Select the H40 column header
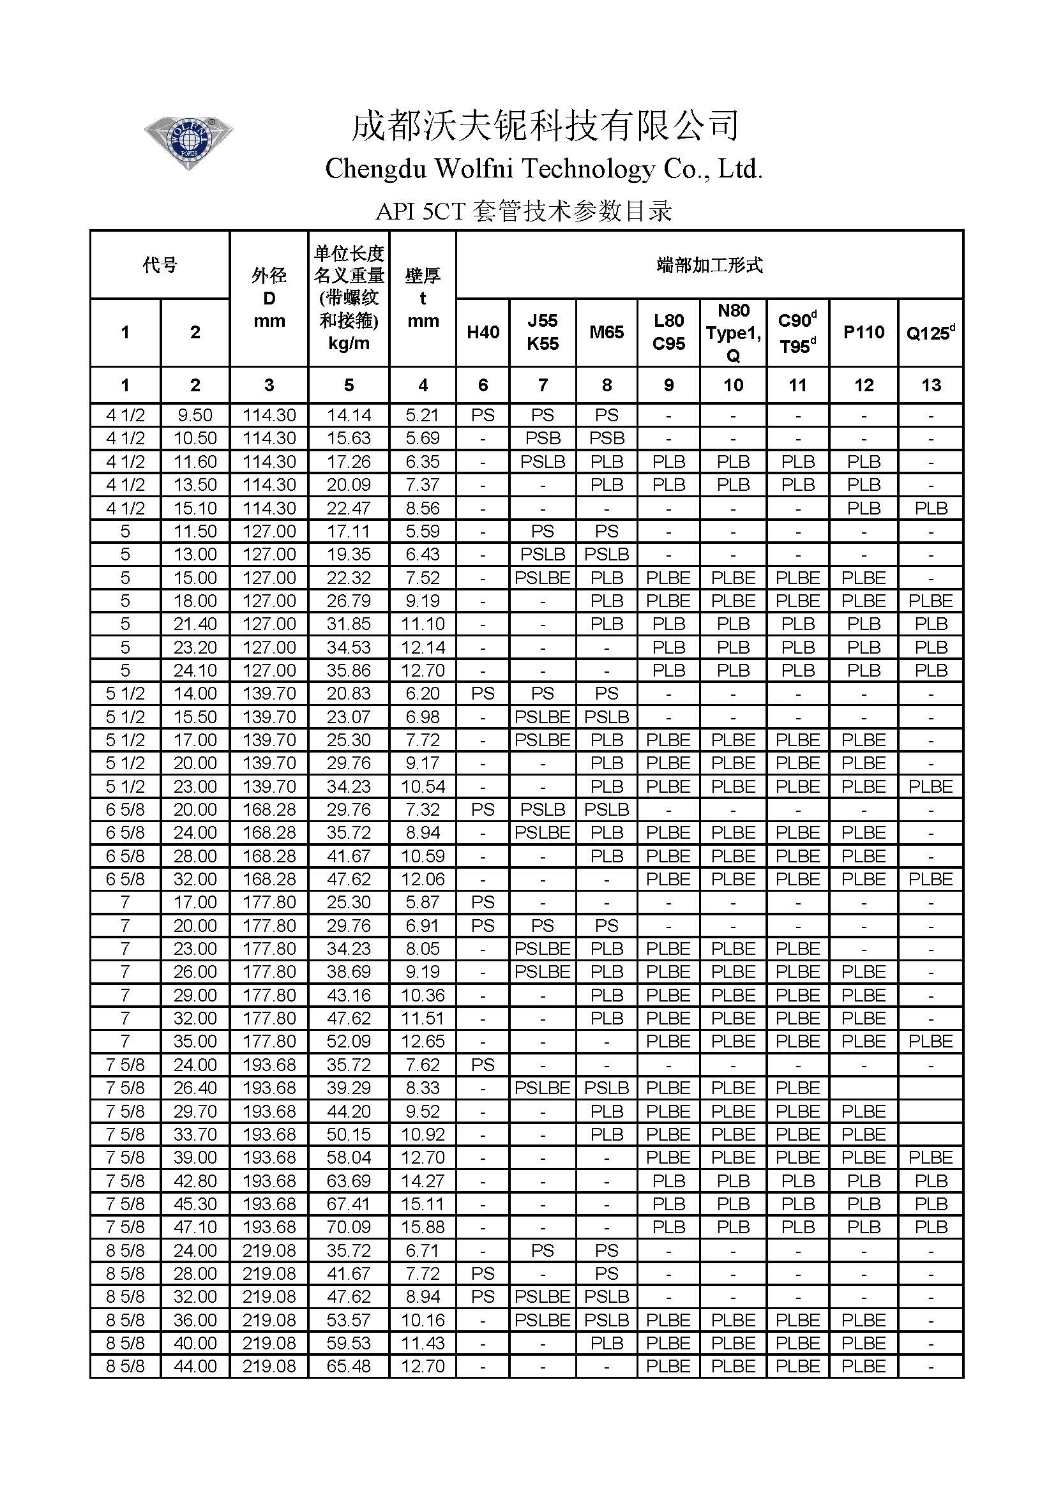click(x=483, y=333)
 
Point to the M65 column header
click(x=606, y=333)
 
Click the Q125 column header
click(x=930, y=333)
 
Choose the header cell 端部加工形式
click(x=709, y=265)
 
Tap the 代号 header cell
click(x=160, y=265)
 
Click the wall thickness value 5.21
click(x=423, y=415)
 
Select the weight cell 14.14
click(x=349, y=415)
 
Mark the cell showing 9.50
click(x=195, y=415)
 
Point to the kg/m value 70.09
click(x=349, y=1227)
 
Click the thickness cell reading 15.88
click(x=423, y=1227)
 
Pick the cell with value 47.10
click(x=195, y=1227)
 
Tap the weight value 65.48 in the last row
click(x=349, y=1366)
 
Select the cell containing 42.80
click(x=195, y=1181)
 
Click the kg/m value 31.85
click(x=349, y=624)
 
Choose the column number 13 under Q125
click(x=930, y=385)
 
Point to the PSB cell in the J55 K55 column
click(x=542, y=439)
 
